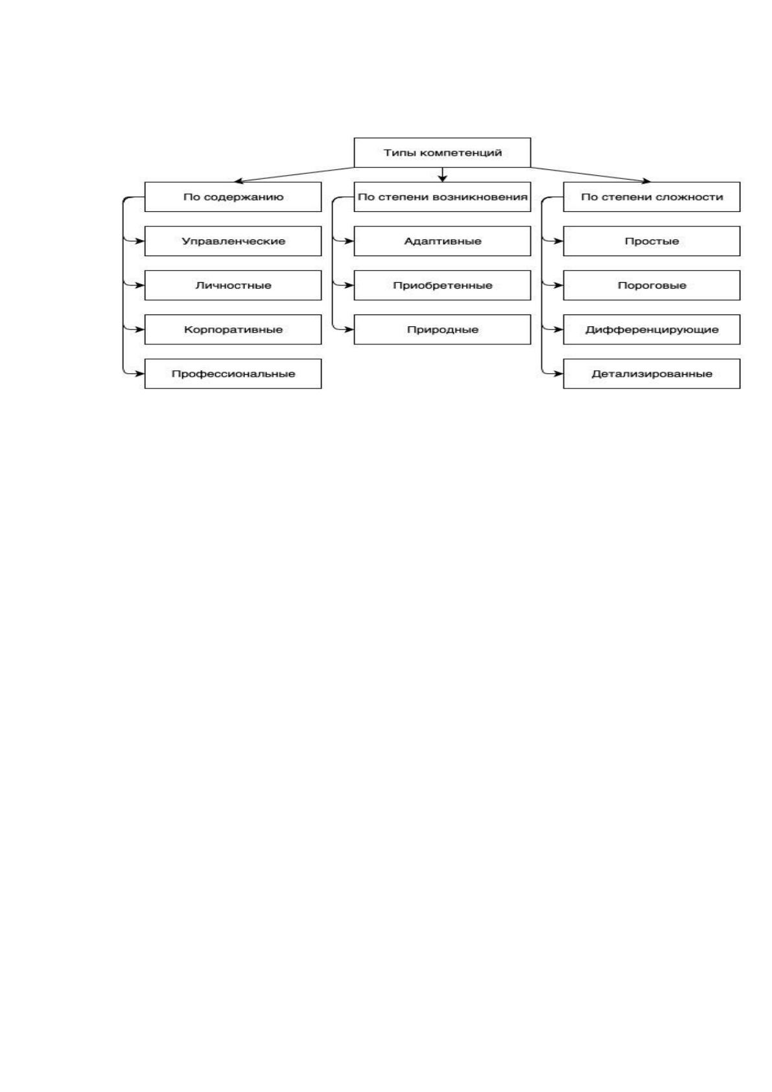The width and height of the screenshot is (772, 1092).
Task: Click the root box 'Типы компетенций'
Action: (442, 152)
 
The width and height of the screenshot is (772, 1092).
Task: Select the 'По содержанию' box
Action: (233, 197)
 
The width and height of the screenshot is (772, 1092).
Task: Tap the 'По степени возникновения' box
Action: (442, 197)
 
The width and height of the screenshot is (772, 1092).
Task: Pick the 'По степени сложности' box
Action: (651, 197)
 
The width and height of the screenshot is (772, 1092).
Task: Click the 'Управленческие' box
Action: (233, 241)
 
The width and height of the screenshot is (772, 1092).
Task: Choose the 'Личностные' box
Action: (233, 285)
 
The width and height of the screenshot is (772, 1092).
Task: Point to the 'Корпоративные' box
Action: (233, 329)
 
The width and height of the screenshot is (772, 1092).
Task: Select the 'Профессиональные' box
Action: (233, 374)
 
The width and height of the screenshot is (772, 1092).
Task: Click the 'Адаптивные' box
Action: (442, 241)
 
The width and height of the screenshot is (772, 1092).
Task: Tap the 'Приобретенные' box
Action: (442, 285)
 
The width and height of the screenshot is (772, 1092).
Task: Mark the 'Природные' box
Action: (442, 329)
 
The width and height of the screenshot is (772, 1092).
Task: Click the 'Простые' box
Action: (651, 241)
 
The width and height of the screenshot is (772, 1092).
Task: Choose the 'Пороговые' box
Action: (651, 285)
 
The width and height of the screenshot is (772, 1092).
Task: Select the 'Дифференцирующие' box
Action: (651, 329)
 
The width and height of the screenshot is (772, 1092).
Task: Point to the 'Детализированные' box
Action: (651, 374)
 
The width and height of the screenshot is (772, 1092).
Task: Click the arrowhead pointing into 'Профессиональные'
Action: (140, 374)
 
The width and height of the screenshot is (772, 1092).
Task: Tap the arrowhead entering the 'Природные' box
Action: (349, 329)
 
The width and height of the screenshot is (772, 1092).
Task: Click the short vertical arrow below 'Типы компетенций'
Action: (442, 174)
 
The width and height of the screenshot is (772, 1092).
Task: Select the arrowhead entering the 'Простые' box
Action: (559, 241)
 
